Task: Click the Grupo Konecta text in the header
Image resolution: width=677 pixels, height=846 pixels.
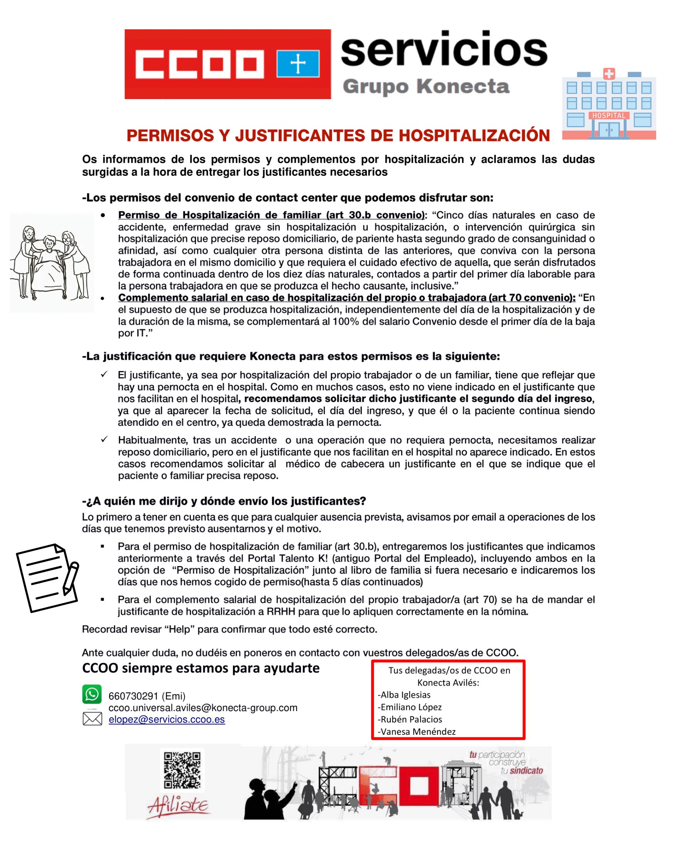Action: [x=426, y=86]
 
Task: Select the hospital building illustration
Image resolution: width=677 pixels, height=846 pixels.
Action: [x=609, y=105]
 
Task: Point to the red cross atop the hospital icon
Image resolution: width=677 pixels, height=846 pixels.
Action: [x=609, y=73]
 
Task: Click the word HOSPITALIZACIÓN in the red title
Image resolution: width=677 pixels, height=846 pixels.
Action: [x=474, y=136]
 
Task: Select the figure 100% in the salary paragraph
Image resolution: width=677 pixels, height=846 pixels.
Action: [x=343, y=321]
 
